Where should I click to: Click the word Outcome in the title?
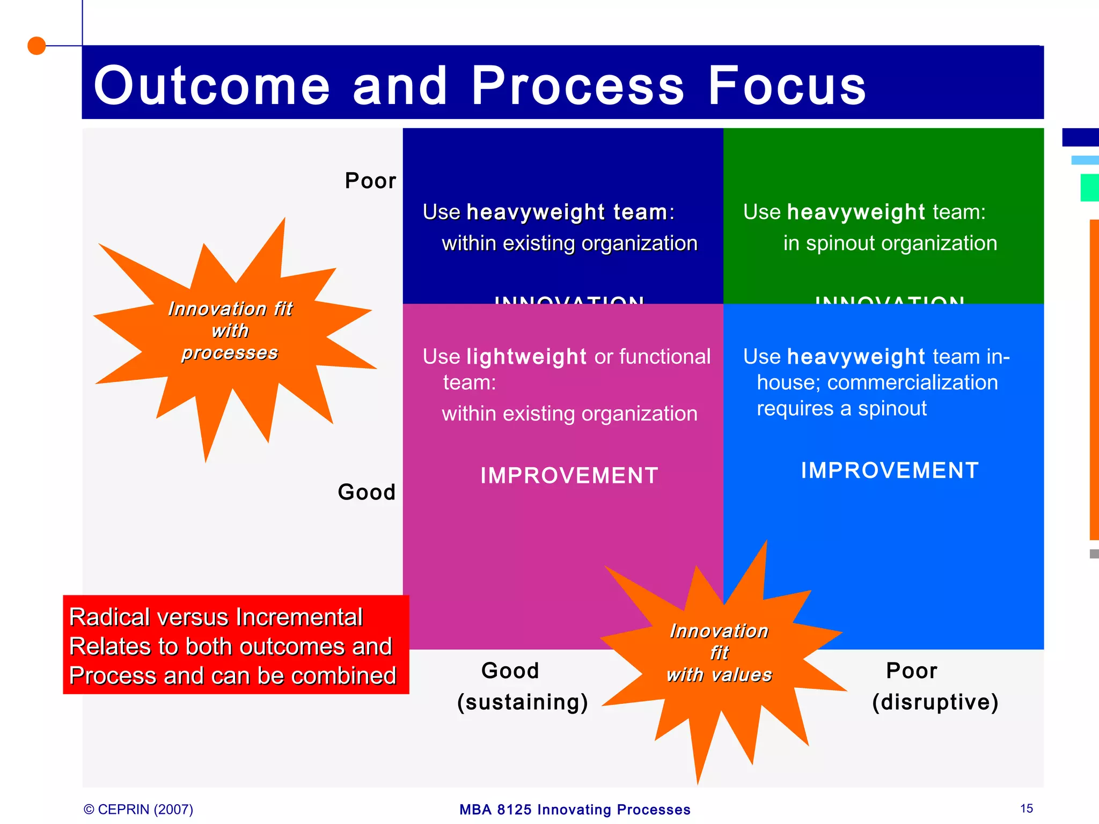pyautogui.click(x=211, y=86)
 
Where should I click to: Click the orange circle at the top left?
pyautogui.click(x=36, y=46)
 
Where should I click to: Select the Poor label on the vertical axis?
pyautogui.click(x=370, y=181)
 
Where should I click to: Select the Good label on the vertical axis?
pyautogui.click(x=367, y=492)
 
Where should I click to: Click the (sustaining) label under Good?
pyautogui.click(x=523, y=702)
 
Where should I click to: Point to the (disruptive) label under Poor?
pyautogui.click(x=935, y=702)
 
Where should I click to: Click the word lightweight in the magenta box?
pyautogui.click(x=526, y=357)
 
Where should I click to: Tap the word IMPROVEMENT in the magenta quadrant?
pyautogui.click(x=569, y=476)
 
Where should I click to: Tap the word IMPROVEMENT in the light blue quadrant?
pyautogui.click(x=890, y=470)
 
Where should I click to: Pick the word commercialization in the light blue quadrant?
pyautogui.click(x=912, y=382)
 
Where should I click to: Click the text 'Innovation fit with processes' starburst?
pyautogui.click(x=230, y=330)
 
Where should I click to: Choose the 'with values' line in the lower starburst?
pyautogui.click(x=719, y=675)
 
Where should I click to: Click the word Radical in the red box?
pyautogui.click(x=107, y=617)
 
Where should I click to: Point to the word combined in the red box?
pyautogui.click(x=343, y=676)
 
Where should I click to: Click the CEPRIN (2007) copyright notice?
pyautogui.click(x=138, y=809)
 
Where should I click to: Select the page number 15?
pyautogui.click(x=1026, y=808)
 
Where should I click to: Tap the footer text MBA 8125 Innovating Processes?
pyautogui.click(x=575, y=810)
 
